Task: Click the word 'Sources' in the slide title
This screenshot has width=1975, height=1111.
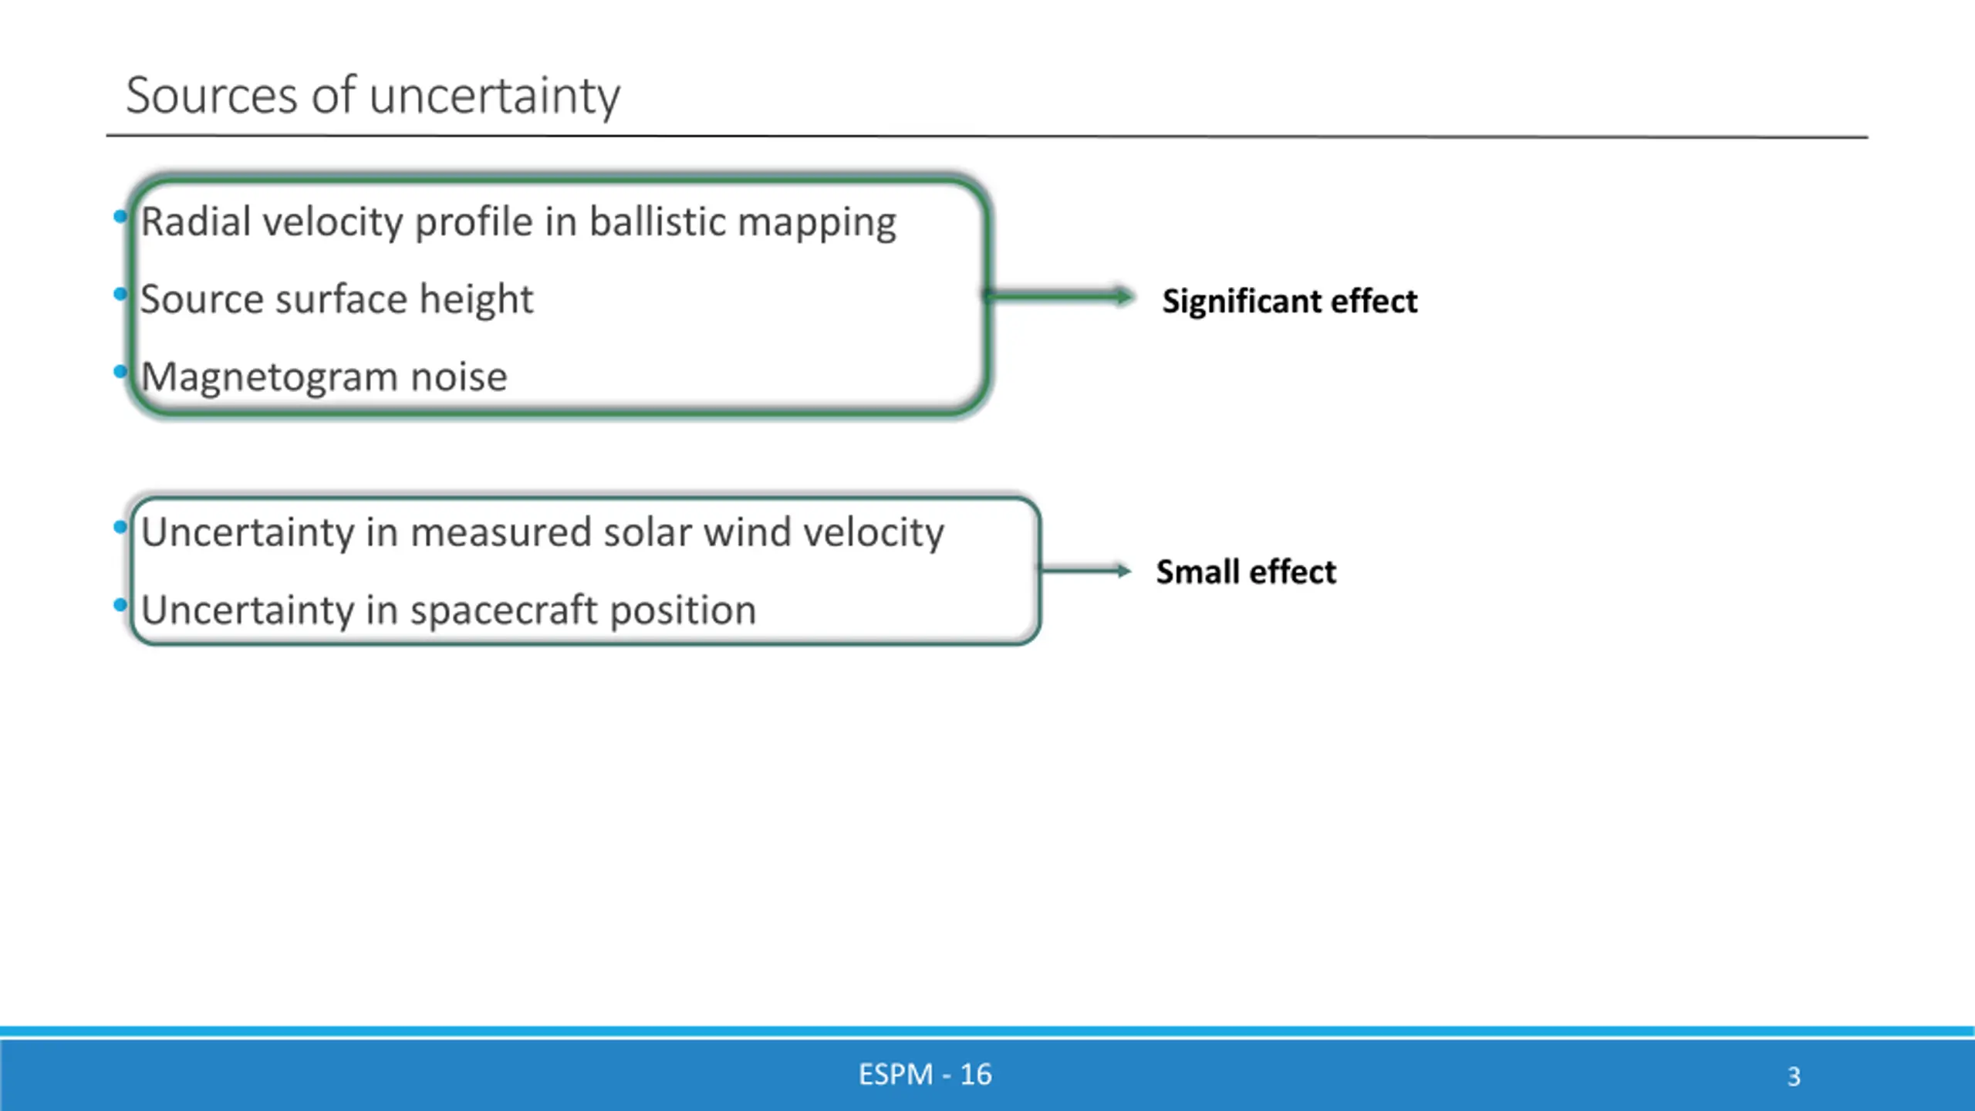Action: pyautogui.click(x=211, y=96)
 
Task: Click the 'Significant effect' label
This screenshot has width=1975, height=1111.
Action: pyautogui.click(x=1289, y=301)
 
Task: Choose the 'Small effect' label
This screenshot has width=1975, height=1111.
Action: pyautogui.click(x=1245, y=572)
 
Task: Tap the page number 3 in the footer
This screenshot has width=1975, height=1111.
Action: pyautogui.click(x=1794, y=1076)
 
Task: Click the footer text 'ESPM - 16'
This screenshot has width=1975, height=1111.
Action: pyautogui.click(x=925, y=1075)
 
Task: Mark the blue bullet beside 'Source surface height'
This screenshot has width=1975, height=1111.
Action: pyautogui.click(x=120, y=294)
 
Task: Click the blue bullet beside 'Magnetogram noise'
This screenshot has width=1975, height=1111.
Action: pyautogui.click(x=120, y=373)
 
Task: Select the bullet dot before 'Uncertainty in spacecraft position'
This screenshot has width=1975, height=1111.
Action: pyautogui.click(x=120, y=606)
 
